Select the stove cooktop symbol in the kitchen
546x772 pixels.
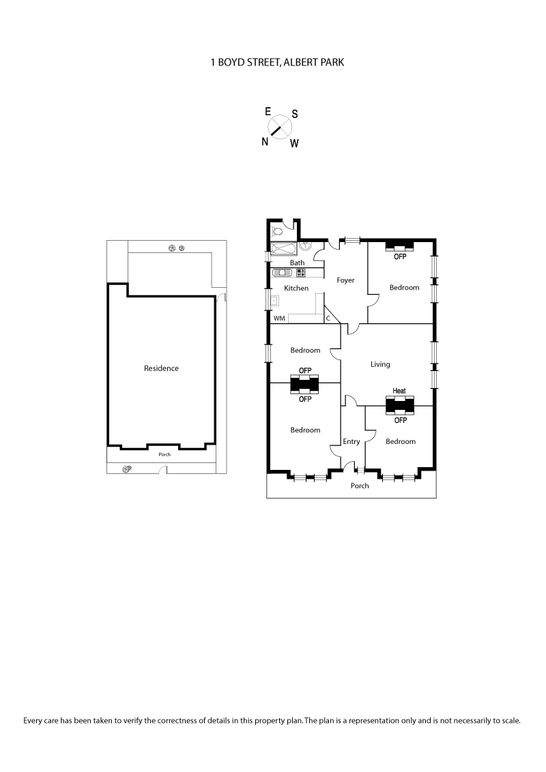(300, 273)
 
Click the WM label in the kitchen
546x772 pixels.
(279, 318)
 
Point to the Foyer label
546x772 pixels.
(345, 280)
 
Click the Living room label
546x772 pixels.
(380, 364)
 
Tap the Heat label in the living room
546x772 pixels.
(399, 391)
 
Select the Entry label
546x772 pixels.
(351, 442)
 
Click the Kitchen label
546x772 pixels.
(296, 288)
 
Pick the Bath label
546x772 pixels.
(297, 263)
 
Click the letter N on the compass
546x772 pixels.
(265, 141)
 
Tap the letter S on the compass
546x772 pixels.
(295, 114)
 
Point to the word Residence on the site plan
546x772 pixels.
(161, 368)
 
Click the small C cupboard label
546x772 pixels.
(328, 318)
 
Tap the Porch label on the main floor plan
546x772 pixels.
(360, 486)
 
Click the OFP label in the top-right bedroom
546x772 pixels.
(400, 257)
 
